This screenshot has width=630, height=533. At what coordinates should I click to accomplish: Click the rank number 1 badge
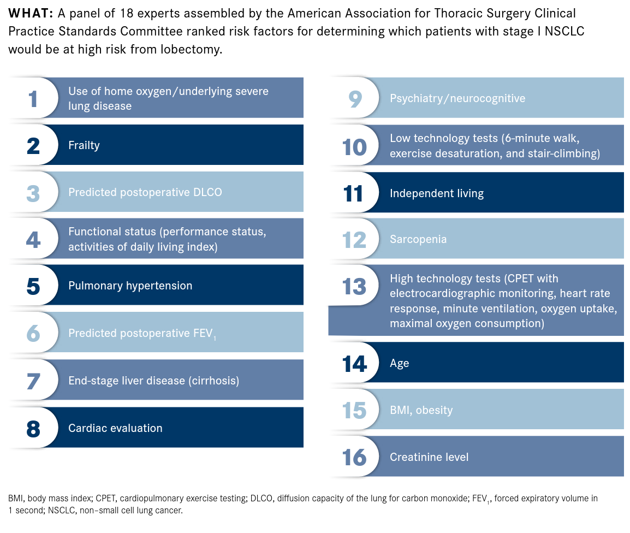coord(33,98)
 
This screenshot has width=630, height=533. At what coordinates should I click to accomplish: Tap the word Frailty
coord(84,145)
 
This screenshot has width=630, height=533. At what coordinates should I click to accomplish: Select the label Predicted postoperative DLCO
coord(145,192)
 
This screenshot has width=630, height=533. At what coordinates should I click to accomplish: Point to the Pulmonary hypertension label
coord(130,286)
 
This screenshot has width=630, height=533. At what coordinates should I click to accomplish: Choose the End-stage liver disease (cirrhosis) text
coord(153,380)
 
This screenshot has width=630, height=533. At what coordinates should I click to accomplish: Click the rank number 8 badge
coord(33,428)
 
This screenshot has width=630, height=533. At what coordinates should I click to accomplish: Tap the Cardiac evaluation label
coord(115,428)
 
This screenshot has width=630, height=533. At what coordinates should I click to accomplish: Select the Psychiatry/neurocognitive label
coord(457,98)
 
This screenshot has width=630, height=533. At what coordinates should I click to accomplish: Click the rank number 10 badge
coord(354,146)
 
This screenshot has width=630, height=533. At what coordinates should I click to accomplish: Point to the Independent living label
coord(436,193)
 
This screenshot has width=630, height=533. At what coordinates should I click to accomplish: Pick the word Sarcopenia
coord(418,239)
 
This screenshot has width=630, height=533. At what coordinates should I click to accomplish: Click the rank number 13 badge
coord(354,286)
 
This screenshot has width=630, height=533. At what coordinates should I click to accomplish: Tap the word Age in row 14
coord(399,363)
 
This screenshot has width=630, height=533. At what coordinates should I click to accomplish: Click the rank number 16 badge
coord(354,457)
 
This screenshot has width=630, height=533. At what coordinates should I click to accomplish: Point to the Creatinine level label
coord(429,457)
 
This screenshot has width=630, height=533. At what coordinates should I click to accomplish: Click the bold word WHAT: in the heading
coord(30,13)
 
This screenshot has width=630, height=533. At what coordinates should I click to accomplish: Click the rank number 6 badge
coord(33,333)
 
